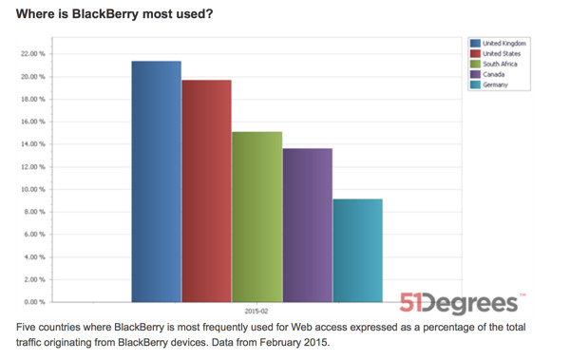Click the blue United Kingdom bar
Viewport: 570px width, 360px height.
156,180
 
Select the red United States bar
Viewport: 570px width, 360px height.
206,190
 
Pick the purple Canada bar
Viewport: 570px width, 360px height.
307,224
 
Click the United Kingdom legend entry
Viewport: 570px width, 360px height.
504,44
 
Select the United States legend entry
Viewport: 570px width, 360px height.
501,54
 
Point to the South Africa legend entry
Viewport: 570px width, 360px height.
501,65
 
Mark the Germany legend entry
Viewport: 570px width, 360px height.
494,85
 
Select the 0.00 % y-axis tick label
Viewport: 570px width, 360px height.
34,302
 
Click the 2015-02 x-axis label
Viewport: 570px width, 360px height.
256,312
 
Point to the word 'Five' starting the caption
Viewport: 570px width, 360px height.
28,327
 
